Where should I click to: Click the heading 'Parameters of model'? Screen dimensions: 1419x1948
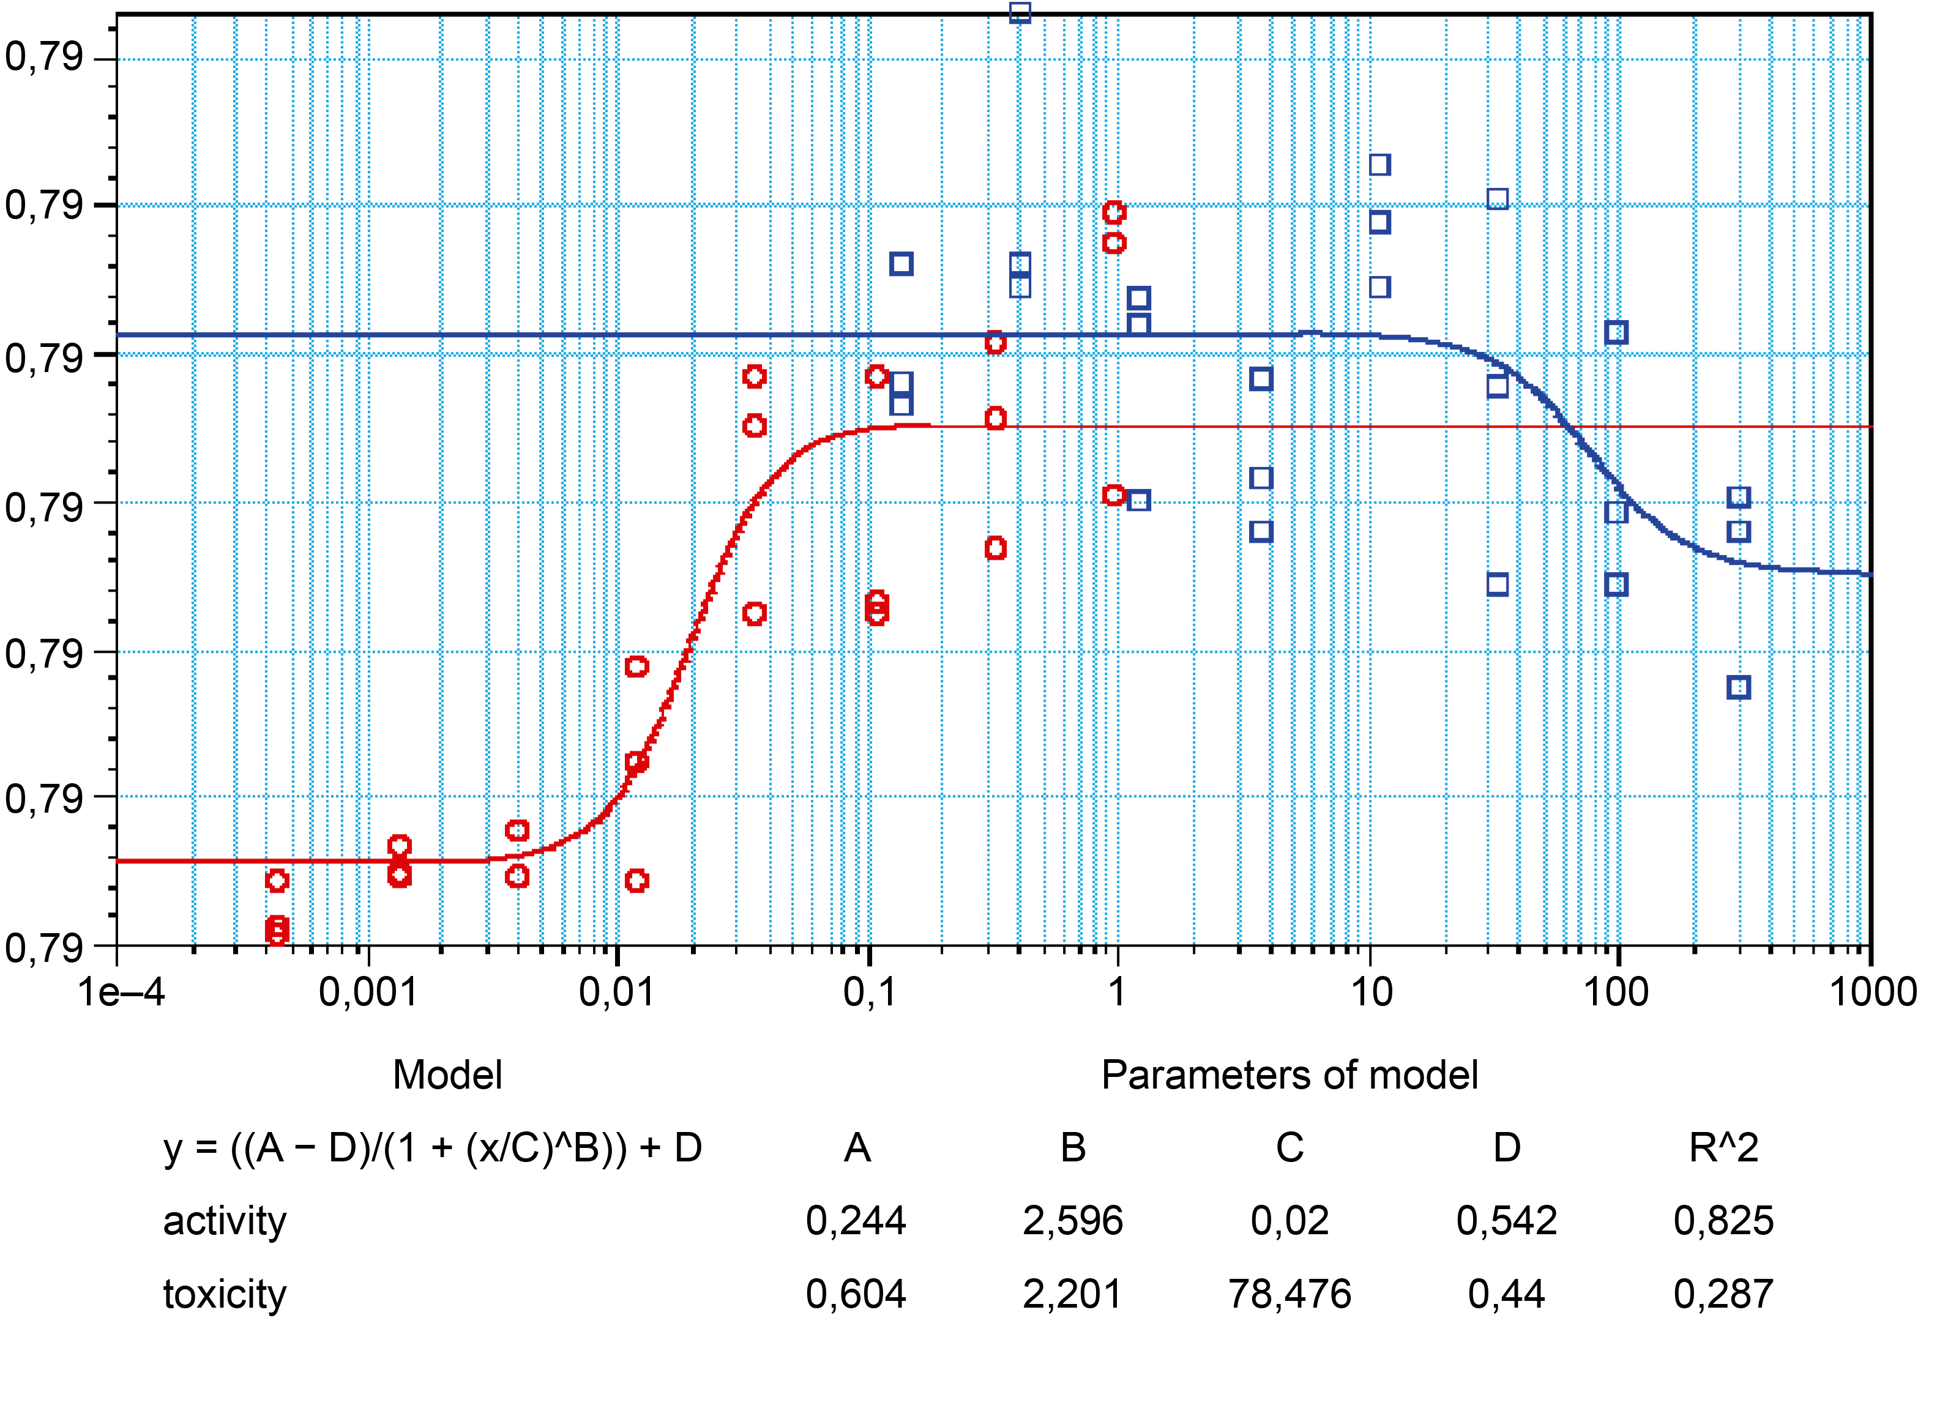[1289, 1075]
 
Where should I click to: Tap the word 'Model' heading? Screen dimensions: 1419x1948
[447, 1075]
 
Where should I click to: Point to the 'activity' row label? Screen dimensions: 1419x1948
[225, 1221]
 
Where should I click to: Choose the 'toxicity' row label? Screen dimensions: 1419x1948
[225, 1294]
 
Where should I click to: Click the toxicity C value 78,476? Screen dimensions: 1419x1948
[1289, 1294]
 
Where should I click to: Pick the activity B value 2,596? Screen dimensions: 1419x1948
[1073, 1221]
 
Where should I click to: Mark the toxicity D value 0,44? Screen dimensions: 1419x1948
[1507, 1294]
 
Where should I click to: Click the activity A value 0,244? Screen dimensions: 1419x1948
[856, 1221]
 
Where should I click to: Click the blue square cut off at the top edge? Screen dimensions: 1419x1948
[1020, 12]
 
